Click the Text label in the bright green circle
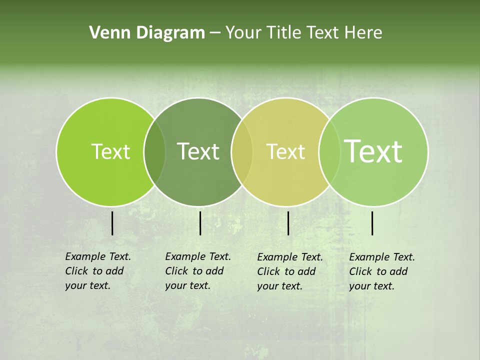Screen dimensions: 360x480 point(110,151)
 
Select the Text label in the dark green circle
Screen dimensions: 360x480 point(198,151)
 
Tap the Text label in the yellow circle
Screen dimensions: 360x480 point(286,151)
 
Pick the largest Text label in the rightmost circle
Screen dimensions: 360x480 point(373,151)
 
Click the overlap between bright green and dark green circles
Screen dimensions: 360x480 point(154,152)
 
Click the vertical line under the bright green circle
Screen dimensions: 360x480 point(112,223)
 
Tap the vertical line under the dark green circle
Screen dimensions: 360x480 point(200,223)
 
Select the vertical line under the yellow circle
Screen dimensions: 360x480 point(288,223)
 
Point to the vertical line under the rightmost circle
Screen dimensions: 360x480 point(372,223)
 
